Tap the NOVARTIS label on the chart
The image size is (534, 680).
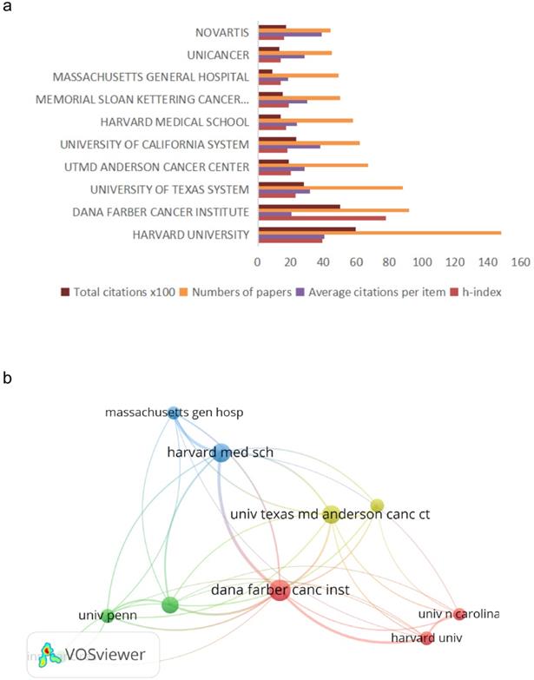(x=222, y=32)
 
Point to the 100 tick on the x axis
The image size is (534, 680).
(x=422, y=261)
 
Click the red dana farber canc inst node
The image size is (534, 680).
(x=279, y=591)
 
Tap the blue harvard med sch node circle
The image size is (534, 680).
(x=221, y=452)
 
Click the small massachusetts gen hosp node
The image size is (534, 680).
(x=174, y=413)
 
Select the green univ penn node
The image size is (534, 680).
(x=108, y=616)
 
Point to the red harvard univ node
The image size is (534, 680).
(x=426, y=639)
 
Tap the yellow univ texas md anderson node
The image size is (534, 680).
(x=331, y=515)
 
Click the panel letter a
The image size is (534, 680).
(x=9, y=9)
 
